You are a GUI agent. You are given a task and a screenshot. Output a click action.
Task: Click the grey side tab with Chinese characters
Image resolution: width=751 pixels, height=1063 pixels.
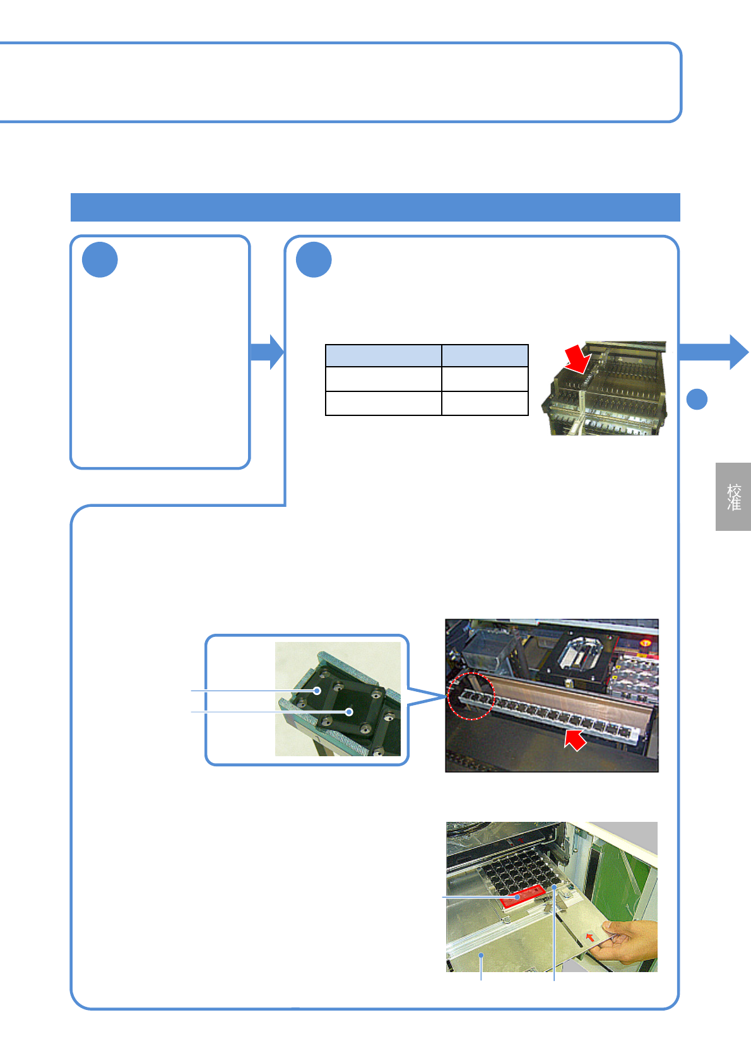733,497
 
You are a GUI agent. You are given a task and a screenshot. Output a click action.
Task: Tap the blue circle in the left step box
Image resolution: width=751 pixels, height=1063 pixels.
100,259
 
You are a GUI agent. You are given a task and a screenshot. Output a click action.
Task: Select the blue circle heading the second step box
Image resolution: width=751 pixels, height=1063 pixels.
314,259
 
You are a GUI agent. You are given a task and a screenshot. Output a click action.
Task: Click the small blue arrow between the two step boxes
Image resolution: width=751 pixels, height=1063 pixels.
268,352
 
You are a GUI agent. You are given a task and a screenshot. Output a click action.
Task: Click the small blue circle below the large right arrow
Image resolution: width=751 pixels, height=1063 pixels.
697,399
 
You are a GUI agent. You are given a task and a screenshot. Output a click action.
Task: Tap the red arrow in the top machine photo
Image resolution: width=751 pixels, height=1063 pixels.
577,359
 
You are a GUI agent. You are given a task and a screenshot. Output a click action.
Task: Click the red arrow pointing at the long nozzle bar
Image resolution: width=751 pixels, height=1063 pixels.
575,739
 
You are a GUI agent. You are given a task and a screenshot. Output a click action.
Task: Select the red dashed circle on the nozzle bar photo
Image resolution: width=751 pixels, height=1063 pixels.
470,696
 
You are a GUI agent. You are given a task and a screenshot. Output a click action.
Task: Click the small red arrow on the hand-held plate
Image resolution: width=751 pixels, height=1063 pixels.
589,937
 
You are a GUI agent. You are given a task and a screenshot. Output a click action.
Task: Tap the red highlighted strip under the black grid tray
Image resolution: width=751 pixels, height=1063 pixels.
522,896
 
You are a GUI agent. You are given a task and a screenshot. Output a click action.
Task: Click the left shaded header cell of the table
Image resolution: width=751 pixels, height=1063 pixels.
383,356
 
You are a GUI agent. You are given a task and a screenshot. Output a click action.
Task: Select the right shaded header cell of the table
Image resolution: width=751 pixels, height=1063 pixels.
485,356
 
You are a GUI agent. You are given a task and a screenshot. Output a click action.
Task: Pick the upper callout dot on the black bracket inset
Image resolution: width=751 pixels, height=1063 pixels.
317,691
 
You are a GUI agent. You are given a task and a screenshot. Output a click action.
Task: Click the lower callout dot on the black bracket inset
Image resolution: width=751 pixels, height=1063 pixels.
349,712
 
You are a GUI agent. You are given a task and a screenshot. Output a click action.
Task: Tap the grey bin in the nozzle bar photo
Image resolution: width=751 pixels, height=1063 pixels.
486,650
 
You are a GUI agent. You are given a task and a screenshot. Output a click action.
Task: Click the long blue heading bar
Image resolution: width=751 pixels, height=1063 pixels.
375,207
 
